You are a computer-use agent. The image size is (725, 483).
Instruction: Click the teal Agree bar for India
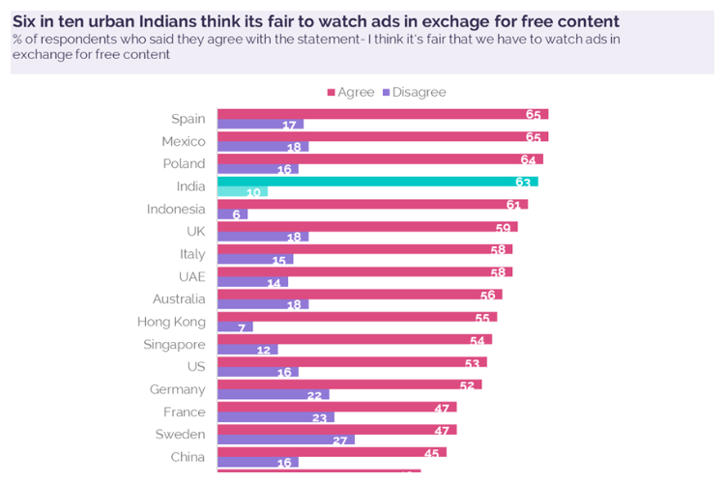click(377, 182)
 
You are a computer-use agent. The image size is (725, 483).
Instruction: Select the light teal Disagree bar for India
click(242, 192)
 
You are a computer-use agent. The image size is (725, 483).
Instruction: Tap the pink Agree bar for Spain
click(383, 114)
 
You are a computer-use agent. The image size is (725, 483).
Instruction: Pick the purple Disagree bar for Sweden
click(285, 440)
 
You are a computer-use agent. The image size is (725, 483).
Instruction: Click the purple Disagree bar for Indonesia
click(232, 214)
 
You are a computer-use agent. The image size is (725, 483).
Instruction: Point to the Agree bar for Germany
click(349, 384)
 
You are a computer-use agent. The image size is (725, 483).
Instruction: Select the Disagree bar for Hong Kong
click(235, 327)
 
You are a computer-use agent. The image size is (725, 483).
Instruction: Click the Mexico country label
click(184, 141)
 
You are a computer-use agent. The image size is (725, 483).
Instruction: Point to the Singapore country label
click(174, 344)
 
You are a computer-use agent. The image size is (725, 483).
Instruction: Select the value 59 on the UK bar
click(503, 227)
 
